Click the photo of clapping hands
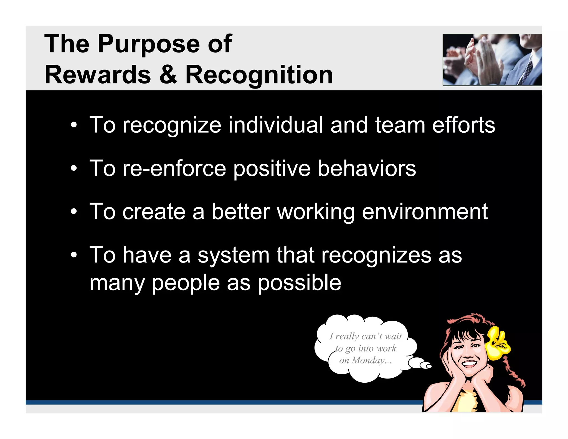492,60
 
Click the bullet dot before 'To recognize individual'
73,125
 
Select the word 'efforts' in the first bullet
463,125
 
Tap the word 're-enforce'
174,169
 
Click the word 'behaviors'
366,169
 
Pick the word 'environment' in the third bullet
425,212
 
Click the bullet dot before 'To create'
73,212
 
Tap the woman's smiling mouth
469,364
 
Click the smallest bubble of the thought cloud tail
429,366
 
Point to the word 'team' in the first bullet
400,125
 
